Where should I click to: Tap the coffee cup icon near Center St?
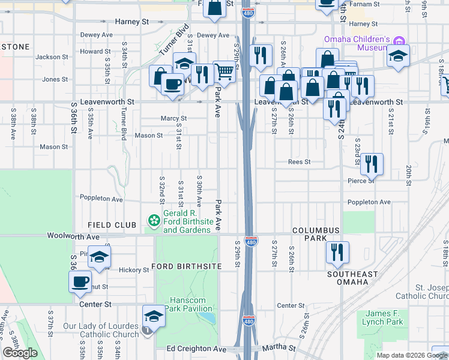[80, 281]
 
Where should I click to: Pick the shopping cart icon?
[224, 71]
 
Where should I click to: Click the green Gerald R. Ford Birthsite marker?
[154, 221]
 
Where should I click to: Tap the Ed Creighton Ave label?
[197, 349]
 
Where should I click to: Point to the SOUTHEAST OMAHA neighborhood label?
[352, 278]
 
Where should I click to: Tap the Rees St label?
[299, 161]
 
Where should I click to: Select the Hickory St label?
[133, 270]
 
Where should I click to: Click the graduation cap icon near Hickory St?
[100, 257]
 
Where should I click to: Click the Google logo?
[20, 353]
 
